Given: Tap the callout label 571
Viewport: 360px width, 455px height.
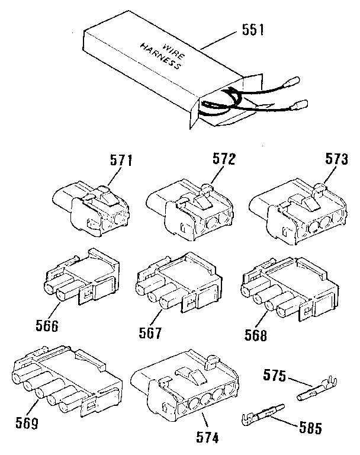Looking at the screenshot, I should [x=121, y=160].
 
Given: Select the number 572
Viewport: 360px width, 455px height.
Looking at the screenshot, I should [x=224, y=159].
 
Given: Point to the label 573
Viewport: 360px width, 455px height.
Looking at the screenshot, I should [x=335, y=159].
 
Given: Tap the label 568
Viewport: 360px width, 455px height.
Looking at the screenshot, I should [x=256, y=335].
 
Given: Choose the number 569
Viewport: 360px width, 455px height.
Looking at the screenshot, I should [x=27, y=423].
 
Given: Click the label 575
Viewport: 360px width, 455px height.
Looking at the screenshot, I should [x=275, y=376].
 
